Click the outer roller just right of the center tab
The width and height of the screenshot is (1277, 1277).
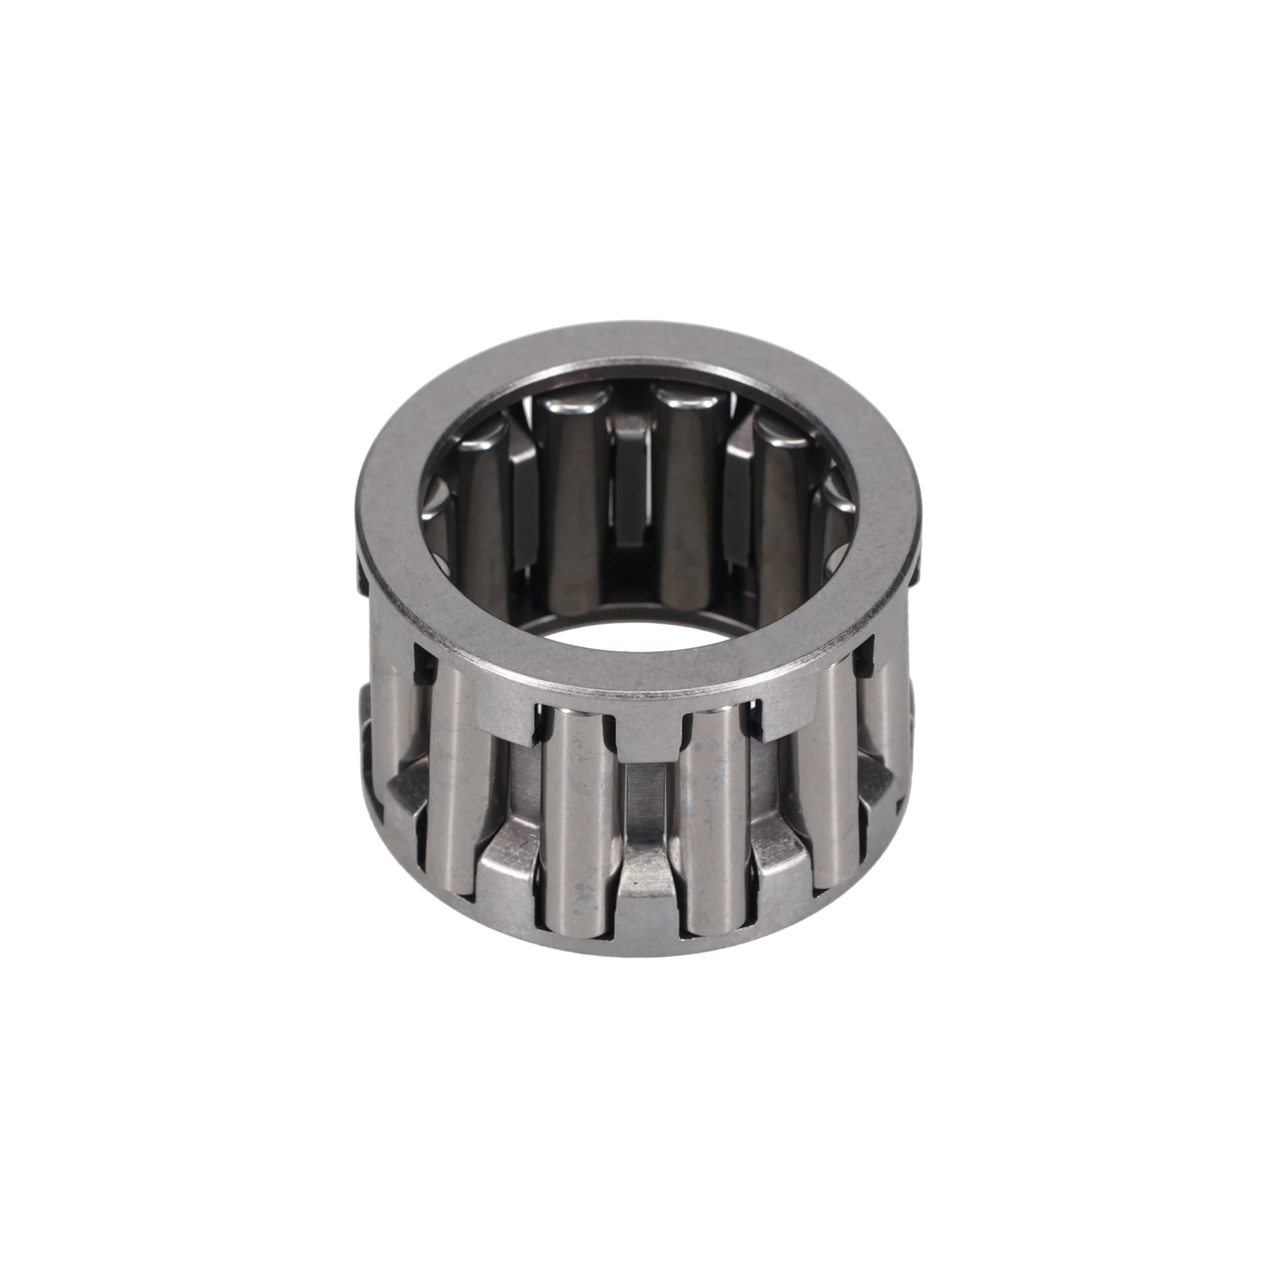[714, 820]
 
